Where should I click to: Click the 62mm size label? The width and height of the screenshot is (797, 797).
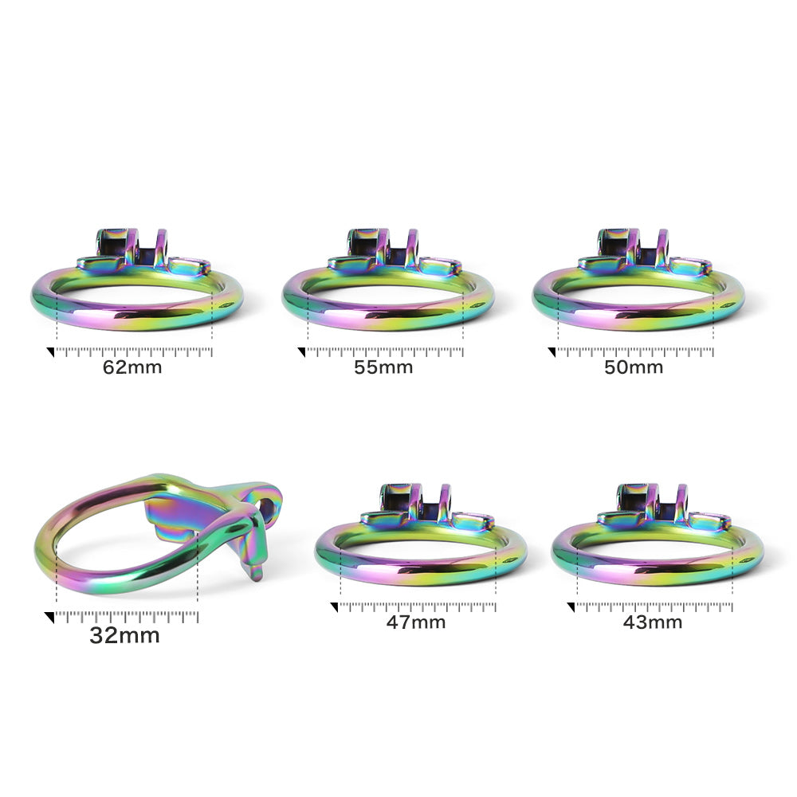coord(132,367)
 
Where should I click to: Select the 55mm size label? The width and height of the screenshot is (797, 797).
coord(383,367)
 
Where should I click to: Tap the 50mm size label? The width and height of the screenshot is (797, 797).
coord(634,367)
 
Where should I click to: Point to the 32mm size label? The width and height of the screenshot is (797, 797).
coord(124,635)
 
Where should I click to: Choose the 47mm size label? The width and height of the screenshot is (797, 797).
coord(416,622)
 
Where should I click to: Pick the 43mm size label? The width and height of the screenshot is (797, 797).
coord(653,622)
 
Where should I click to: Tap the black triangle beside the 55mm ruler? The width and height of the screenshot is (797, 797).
coord(302,351)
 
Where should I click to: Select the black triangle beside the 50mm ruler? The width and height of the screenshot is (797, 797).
coord(552,351)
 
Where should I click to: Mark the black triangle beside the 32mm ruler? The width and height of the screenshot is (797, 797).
coord(49,617)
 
